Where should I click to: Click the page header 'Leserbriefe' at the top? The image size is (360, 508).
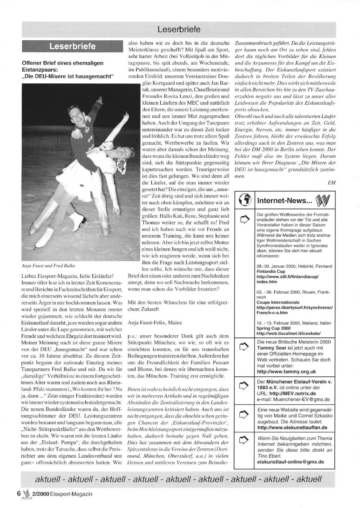point(179,29)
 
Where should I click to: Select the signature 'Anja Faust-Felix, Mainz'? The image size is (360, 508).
point(155,323)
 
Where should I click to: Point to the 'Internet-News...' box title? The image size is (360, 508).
point(284,200)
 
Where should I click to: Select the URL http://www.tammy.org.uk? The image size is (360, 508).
point(287,371)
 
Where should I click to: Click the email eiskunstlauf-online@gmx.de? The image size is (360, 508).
point(291,461)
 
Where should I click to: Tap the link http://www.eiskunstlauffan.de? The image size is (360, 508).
point(292,427)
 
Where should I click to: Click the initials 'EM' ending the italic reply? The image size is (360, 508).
point(332,182)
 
